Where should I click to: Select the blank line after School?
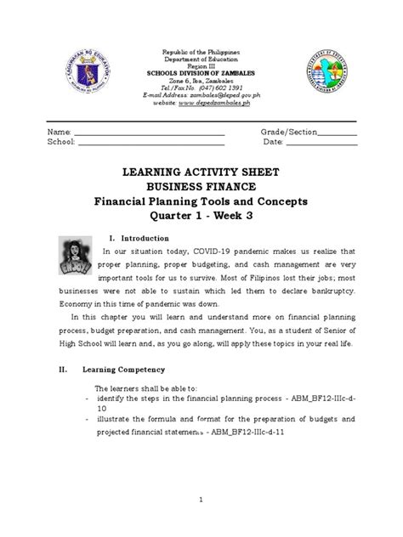pos(151,144)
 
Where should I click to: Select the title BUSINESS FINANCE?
pos(202,187)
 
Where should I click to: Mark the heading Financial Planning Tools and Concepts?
pos(202,201)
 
